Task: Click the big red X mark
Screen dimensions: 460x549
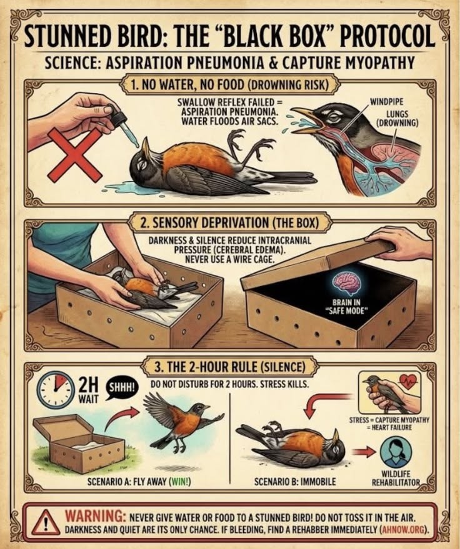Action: click(x=75, y=155)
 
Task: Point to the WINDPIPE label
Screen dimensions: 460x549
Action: click(x=386, y=102)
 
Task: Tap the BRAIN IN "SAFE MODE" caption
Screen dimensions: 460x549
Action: click(x=347, y=307)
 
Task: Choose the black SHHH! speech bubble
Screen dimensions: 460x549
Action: click(x=121, y=388)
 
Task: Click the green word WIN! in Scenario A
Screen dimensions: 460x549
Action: click(x=180, y=482)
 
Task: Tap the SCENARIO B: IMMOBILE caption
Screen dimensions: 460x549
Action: click(x=294, y=482)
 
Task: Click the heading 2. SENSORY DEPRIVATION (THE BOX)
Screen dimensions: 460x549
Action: click(x=229, y=223)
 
